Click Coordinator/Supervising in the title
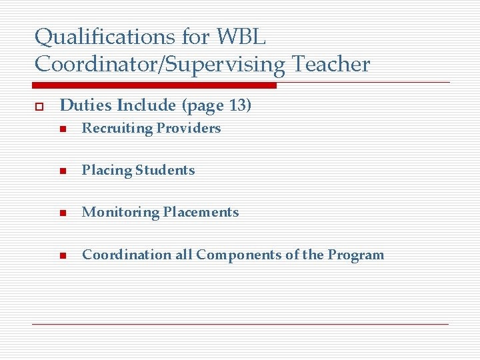pos(159,65)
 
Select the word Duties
pos(86,105)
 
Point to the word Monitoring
pos(121,213)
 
